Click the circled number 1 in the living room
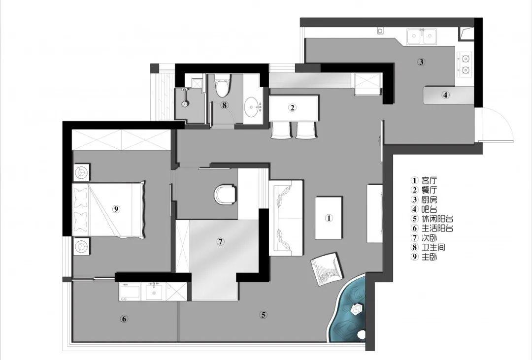[328, 218]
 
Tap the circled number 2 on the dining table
[292, 108]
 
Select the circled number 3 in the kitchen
[421, 62]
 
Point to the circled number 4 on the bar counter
[445, 95]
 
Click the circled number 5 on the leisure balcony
[264, 315]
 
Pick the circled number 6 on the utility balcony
[124, 319]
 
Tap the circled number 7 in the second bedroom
[221, 242]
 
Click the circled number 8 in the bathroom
[224, 105]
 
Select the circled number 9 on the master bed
[116, 209]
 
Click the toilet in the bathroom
[222, 86]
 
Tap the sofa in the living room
[286, 218]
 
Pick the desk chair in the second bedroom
[225, 195]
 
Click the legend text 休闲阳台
[437, 219]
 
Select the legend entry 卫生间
[433, 247]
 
